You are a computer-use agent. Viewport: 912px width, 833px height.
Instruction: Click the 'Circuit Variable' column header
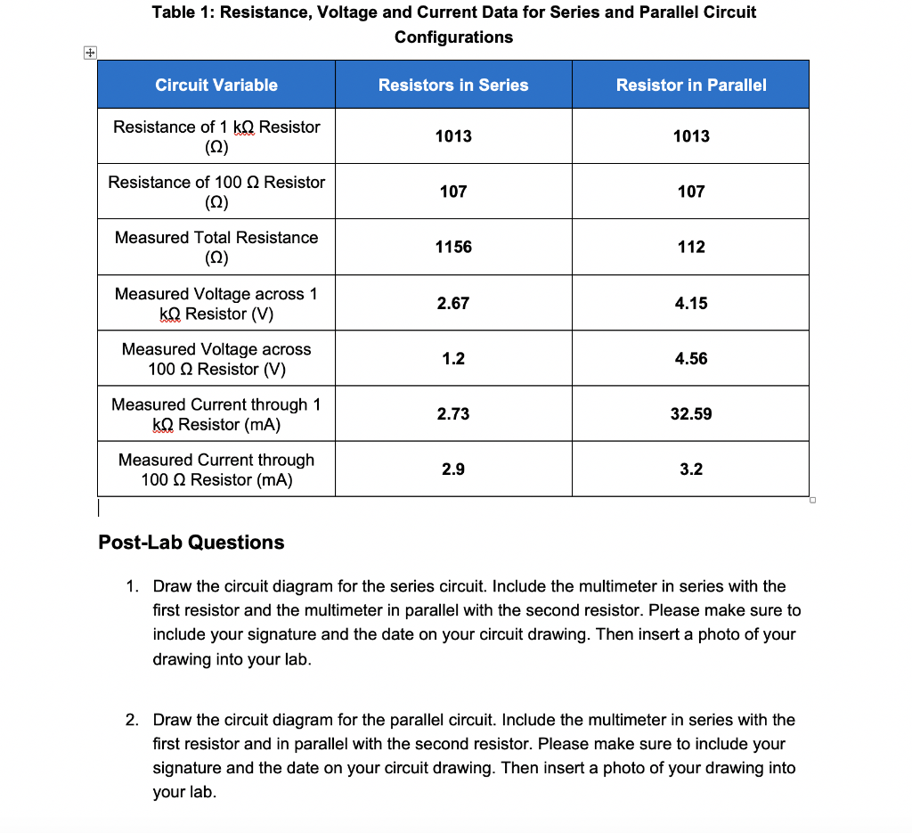216,85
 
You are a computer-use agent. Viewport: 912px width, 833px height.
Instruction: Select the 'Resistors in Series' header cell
453,85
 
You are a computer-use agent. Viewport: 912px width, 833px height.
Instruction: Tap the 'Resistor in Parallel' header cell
691,85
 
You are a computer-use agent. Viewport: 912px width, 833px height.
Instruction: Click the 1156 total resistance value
453,247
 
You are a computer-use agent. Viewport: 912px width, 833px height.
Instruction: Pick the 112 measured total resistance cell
691,247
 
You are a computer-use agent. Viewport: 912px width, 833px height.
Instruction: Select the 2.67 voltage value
453,303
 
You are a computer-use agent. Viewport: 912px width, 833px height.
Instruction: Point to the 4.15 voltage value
691,303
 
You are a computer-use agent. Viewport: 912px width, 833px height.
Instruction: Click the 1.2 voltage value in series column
453,358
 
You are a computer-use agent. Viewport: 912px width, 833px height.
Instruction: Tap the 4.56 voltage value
691,358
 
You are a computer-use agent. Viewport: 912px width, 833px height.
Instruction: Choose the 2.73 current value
453,414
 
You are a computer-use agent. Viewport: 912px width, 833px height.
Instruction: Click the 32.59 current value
691,414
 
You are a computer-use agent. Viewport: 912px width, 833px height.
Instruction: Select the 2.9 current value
453,470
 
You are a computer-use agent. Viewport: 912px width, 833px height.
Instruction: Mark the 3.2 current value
691,470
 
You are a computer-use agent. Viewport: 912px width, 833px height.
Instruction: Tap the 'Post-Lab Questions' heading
191,543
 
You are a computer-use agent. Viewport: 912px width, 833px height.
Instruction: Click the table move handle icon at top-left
88,53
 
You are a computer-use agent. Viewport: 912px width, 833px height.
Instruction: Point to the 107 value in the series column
453,192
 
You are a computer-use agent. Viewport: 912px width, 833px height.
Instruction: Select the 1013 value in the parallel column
691,135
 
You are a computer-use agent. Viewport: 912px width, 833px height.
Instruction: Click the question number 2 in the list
131,720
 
